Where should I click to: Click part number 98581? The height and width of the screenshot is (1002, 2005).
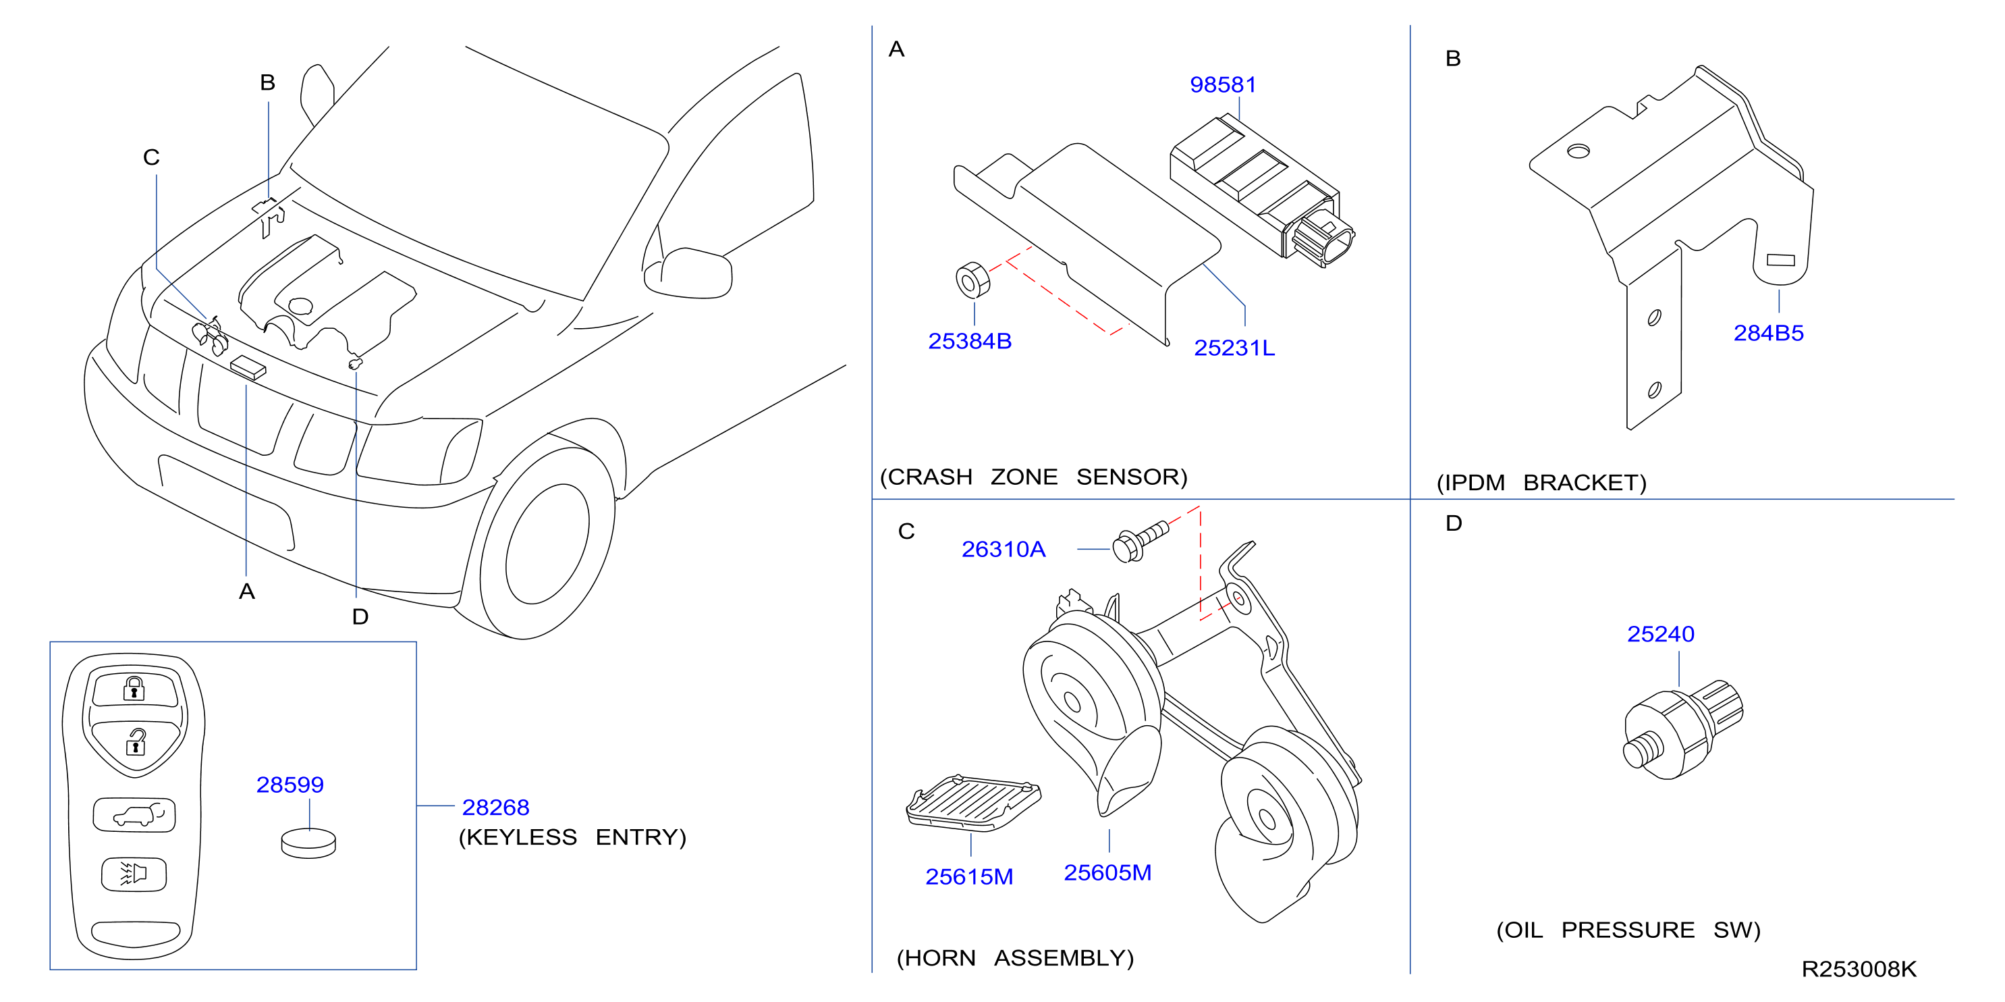point(1223,84)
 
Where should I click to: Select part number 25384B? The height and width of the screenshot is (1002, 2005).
point(970,341)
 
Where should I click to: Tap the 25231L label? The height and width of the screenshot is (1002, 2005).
point(1234,348)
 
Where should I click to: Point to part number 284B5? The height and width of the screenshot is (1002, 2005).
point(1768,334)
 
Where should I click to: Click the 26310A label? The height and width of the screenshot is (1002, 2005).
point(1004,550)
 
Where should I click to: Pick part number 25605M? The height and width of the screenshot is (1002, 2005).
point(1107,873)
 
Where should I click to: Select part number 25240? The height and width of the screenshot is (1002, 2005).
point(1660,634)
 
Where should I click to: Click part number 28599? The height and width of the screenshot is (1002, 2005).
point(290,785)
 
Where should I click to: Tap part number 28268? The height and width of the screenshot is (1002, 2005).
point(496,808)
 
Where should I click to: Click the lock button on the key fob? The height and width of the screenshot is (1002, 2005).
point(136,688)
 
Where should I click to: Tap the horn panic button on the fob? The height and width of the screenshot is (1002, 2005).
point(134,874)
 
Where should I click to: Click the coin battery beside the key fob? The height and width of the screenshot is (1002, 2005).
point(308,843)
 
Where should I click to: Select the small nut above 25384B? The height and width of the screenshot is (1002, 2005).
point(972,280)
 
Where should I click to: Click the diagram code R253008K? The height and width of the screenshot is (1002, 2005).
point(1859,970)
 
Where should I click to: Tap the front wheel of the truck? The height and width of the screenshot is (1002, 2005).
point(545,544)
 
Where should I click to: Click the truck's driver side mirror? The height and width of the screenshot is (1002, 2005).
point(688,273)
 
